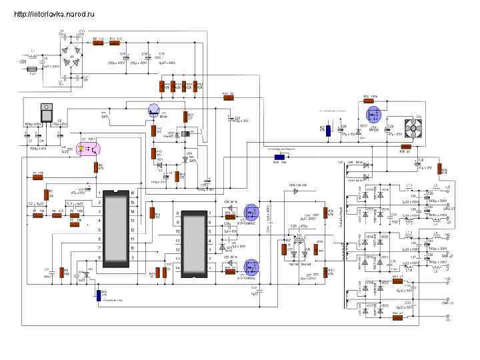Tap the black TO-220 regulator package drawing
click(48, 113)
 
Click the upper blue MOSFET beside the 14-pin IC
click(251, 212)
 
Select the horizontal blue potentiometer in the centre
click(280, 158)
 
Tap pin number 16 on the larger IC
click(131, 193)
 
